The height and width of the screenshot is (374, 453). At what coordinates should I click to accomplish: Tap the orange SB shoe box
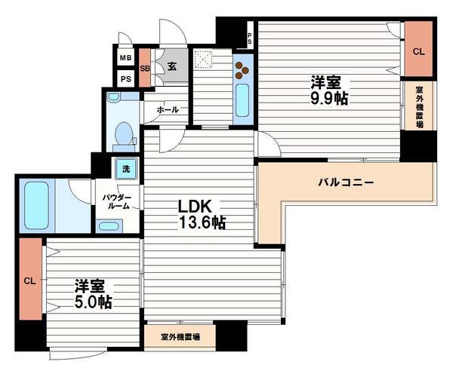point(144,67)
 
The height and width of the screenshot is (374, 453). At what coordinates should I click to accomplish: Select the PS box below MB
point(125,78)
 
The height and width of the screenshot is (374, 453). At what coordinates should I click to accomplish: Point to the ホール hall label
point(168,110)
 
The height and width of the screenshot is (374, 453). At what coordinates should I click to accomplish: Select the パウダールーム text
point(117,201)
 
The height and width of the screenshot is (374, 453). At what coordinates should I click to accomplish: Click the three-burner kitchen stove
point(243,70)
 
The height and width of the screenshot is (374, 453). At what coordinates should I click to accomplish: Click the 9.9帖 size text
point(326,97)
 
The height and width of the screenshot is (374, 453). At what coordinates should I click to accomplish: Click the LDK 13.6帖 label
point(201,214)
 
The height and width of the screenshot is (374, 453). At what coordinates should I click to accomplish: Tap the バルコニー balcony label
point(345,182)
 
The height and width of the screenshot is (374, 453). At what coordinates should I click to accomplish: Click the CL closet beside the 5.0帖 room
point(30,280)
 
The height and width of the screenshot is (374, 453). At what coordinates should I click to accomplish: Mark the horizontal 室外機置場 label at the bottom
point(180,336)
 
